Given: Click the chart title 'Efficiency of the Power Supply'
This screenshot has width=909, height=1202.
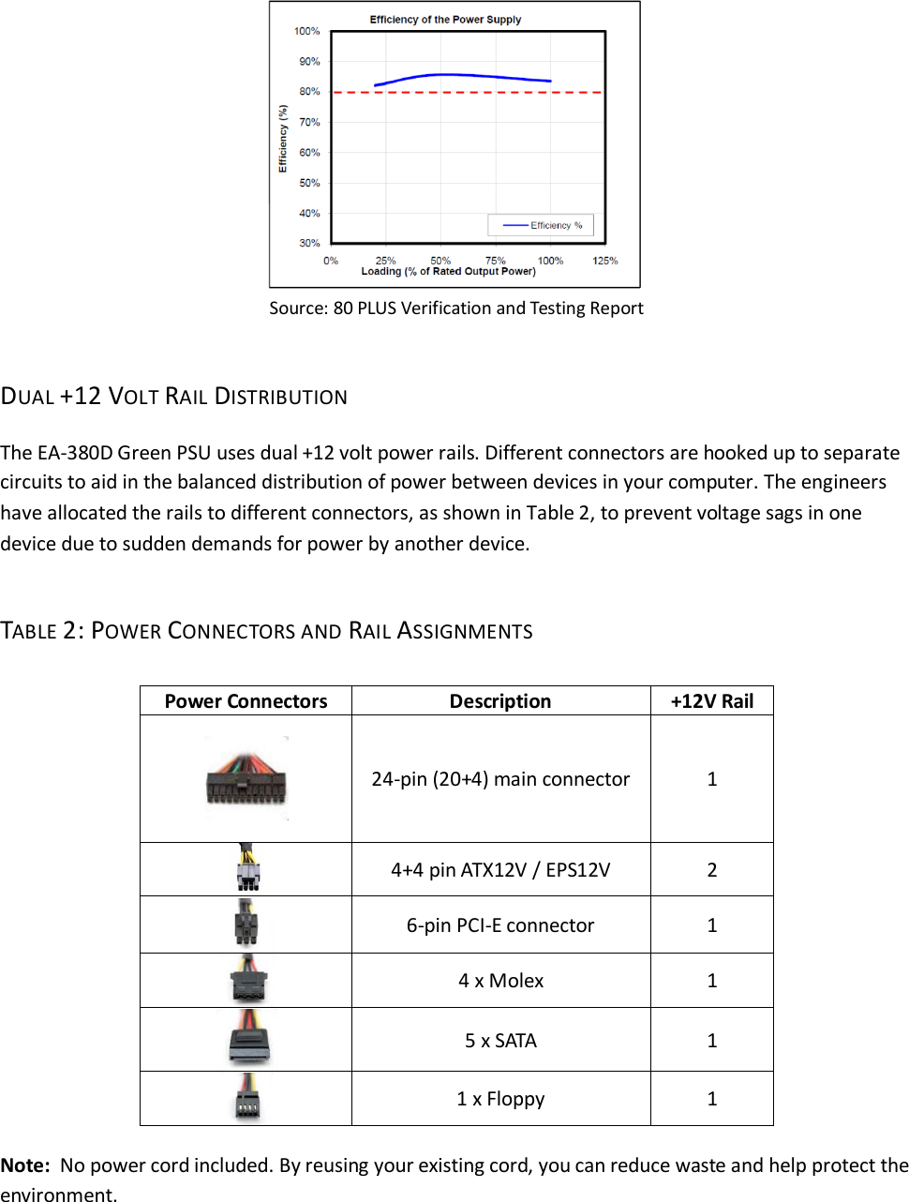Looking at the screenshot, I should [x=445, y=19].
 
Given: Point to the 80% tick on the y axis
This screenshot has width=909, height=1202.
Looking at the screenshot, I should [x=309, y=92].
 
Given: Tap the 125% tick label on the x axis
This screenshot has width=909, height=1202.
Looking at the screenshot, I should [x=604, y=261].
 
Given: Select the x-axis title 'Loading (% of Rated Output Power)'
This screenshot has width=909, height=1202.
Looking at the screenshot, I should [x=448, y=272].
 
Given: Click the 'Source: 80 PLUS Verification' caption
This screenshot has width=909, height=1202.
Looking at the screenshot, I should [x=455, y=308].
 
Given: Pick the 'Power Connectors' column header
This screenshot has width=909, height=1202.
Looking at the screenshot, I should [x=246, y=701].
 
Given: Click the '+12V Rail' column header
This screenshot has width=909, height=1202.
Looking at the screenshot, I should [x=711, y=701].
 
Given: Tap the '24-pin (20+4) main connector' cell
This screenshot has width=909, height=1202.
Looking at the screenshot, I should [x=500, y=779].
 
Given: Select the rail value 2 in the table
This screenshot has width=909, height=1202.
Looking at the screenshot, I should [x=711, y=870].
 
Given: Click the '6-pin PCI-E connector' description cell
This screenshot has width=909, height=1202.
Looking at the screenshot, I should [x=500, y=925].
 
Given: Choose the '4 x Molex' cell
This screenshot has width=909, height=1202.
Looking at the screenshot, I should [x=500, y=981].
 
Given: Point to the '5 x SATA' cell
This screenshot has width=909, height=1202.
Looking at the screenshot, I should [x=500, y=1041].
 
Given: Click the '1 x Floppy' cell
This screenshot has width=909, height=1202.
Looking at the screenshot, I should [x=500, y=1099].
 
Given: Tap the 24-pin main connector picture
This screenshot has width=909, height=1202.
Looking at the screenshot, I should [x=246, y=779].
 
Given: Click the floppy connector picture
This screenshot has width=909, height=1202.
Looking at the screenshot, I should [x=247, y=1098].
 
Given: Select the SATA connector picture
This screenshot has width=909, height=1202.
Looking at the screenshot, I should [x=247, y=1039].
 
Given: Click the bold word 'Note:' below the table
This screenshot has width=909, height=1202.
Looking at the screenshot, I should [x=25, y=1165].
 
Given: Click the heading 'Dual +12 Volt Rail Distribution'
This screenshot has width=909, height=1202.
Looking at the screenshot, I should [x=174, y=397].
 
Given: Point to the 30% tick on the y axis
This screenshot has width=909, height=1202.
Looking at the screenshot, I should [x=309, y=243].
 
